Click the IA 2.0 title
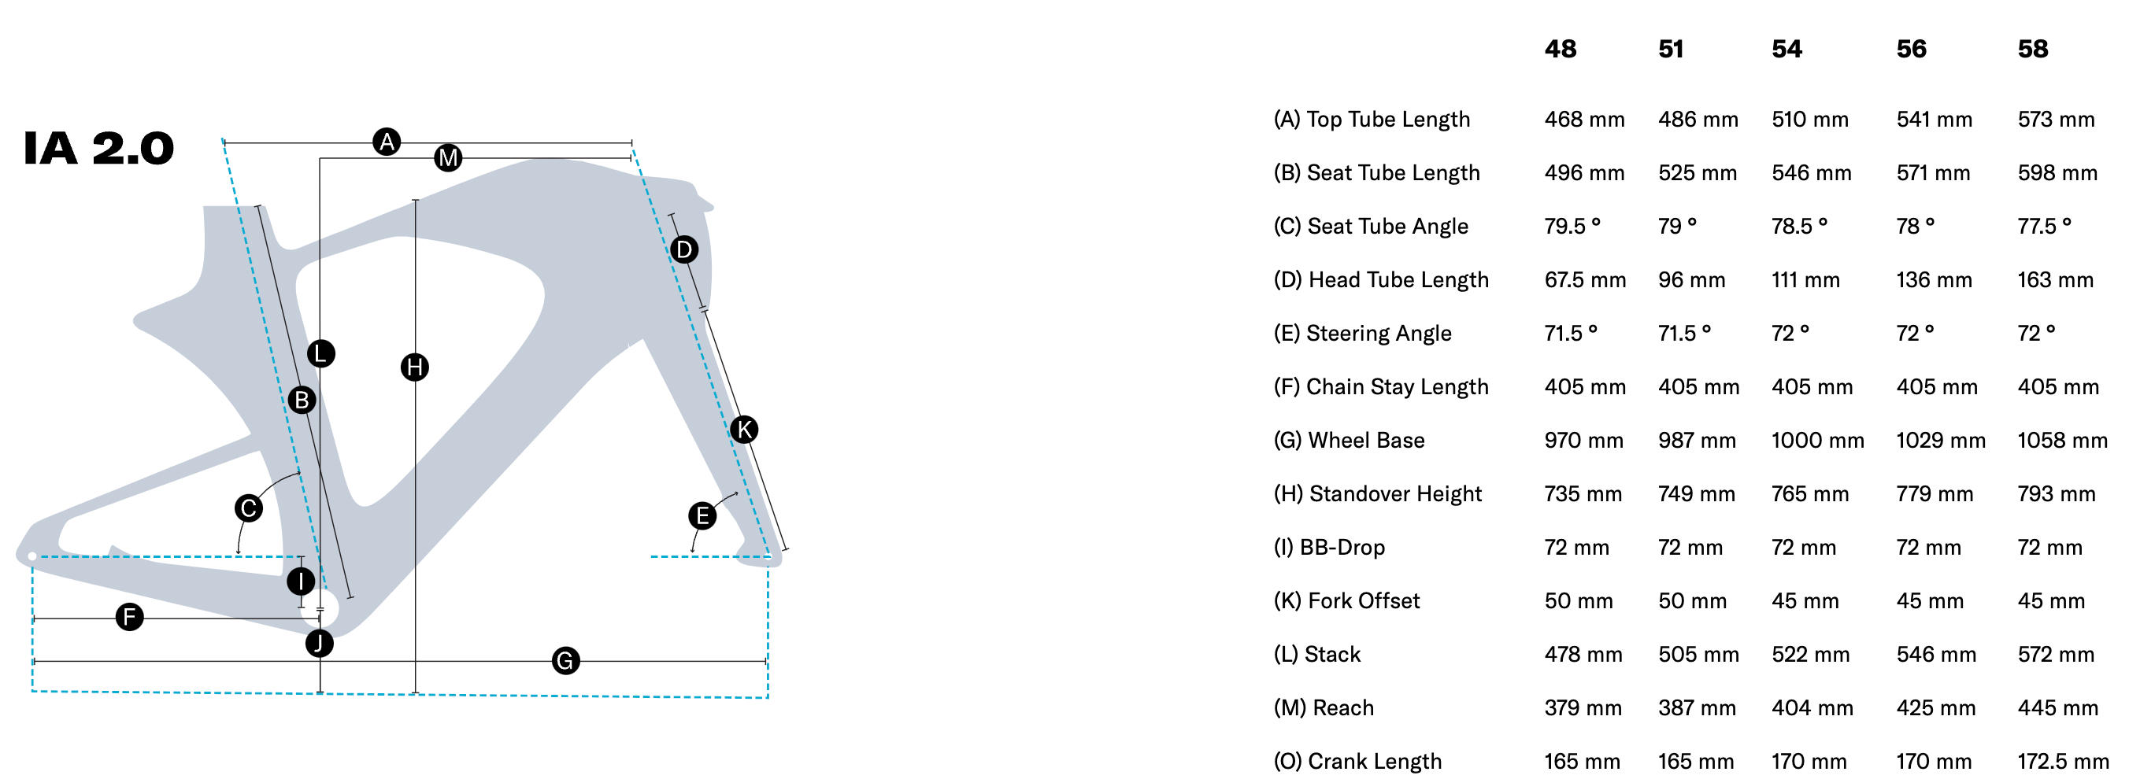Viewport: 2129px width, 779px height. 98,149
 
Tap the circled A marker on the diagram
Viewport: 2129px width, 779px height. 386,142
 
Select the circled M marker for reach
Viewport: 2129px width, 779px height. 448,158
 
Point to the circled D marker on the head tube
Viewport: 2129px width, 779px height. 683,249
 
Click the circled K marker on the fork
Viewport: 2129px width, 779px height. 744,430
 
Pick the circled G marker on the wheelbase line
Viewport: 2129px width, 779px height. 565,661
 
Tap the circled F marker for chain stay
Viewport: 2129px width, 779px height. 129,617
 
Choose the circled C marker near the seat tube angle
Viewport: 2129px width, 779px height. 248,508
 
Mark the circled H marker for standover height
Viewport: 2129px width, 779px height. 414,367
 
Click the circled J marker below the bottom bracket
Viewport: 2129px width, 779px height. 319,643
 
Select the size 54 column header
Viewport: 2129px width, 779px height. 1786,50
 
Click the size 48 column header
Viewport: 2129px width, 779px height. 1561,50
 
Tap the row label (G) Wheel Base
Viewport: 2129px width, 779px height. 1349,441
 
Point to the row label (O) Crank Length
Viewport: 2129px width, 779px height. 1357,761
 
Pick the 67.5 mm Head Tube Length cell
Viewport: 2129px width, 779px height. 1584,280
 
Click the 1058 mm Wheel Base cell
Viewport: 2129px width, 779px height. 2062,441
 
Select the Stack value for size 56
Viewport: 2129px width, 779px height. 1935,654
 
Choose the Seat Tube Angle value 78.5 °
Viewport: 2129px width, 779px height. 1799,227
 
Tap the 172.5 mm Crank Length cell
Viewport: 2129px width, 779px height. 2063,761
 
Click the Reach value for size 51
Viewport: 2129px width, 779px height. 1697,708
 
